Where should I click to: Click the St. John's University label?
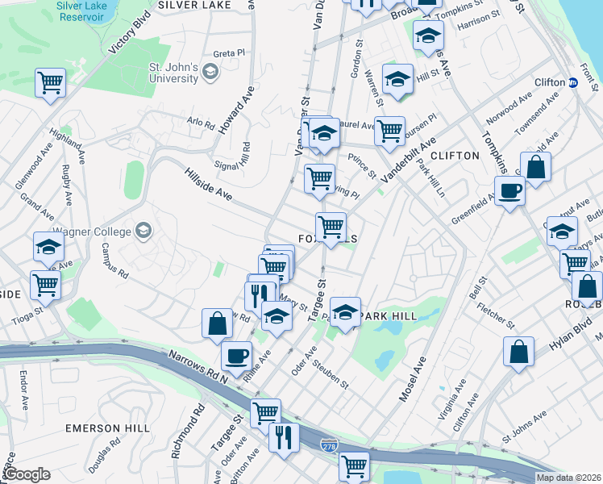173,73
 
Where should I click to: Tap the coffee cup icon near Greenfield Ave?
509,192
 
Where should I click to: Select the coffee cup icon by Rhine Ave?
236,355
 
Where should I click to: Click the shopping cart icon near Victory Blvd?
50,82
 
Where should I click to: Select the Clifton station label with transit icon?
556,82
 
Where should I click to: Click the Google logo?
27,474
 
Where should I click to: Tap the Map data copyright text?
568,478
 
